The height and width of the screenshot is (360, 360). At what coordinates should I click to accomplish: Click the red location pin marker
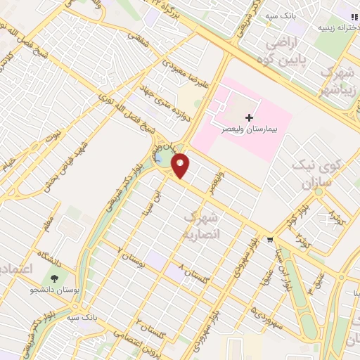point(181,165)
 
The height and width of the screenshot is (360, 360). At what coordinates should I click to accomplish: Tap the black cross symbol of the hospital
point(248,117)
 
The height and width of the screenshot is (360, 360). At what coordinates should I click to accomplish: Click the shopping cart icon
point(270,240)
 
